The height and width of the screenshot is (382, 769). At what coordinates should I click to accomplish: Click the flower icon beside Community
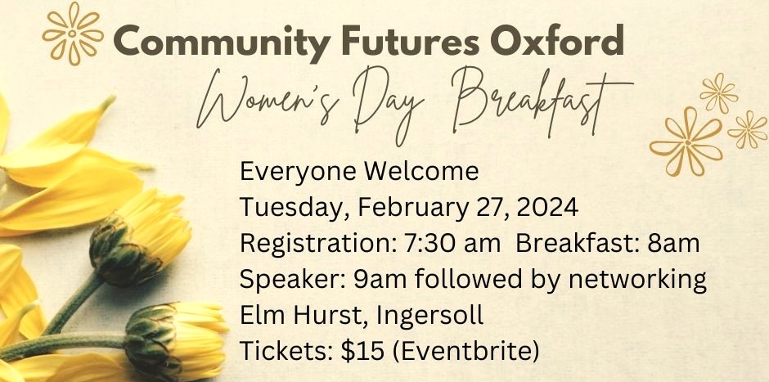tap(73, 34)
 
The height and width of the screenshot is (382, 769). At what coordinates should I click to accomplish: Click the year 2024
tap(547, 208)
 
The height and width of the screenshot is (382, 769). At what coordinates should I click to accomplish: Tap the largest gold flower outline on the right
tap(686, 142)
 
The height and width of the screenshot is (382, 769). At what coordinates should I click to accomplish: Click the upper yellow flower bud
tap(140, 237)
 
